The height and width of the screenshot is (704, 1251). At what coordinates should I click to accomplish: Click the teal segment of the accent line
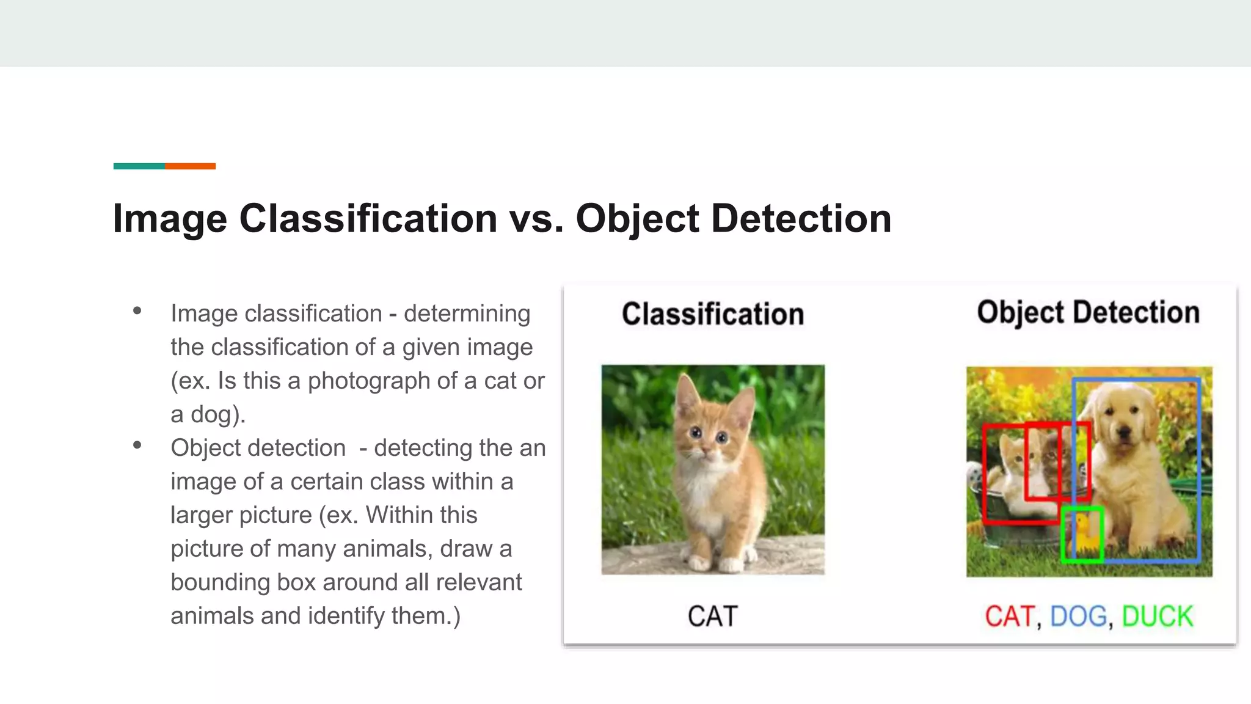(x=139, y=166)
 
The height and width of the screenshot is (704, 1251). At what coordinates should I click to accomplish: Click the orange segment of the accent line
(x=190, y=166)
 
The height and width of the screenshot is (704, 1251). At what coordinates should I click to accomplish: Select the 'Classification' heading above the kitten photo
(x=712, y=314)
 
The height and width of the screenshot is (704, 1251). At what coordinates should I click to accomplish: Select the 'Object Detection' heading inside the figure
(x=1088, y=312)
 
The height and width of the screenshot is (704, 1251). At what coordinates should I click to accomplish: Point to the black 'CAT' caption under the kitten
(x=712, y=616)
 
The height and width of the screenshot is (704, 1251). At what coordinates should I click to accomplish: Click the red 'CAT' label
(x=1010, y=616)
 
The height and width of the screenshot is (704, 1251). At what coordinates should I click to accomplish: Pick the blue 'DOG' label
(x=1078, y=616)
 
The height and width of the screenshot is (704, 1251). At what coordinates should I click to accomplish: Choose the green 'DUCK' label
(x=1157, y=616)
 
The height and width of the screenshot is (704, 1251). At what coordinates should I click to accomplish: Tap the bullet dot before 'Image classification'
(x=137, y=311)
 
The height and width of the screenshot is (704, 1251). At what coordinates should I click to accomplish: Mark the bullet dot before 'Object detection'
(x=137, y=446)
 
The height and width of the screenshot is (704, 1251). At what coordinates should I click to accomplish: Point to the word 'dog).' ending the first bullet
(x=218, y=414)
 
